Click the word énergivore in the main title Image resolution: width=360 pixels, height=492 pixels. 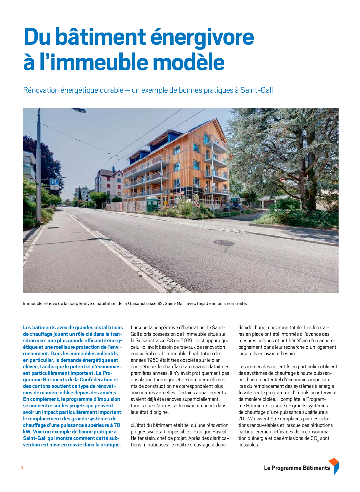coord(202,37)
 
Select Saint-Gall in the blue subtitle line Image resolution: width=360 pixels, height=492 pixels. coord(257,90)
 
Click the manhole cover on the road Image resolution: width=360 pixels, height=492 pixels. coord(224,242)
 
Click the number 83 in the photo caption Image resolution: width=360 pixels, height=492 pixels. coord(160,303)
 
